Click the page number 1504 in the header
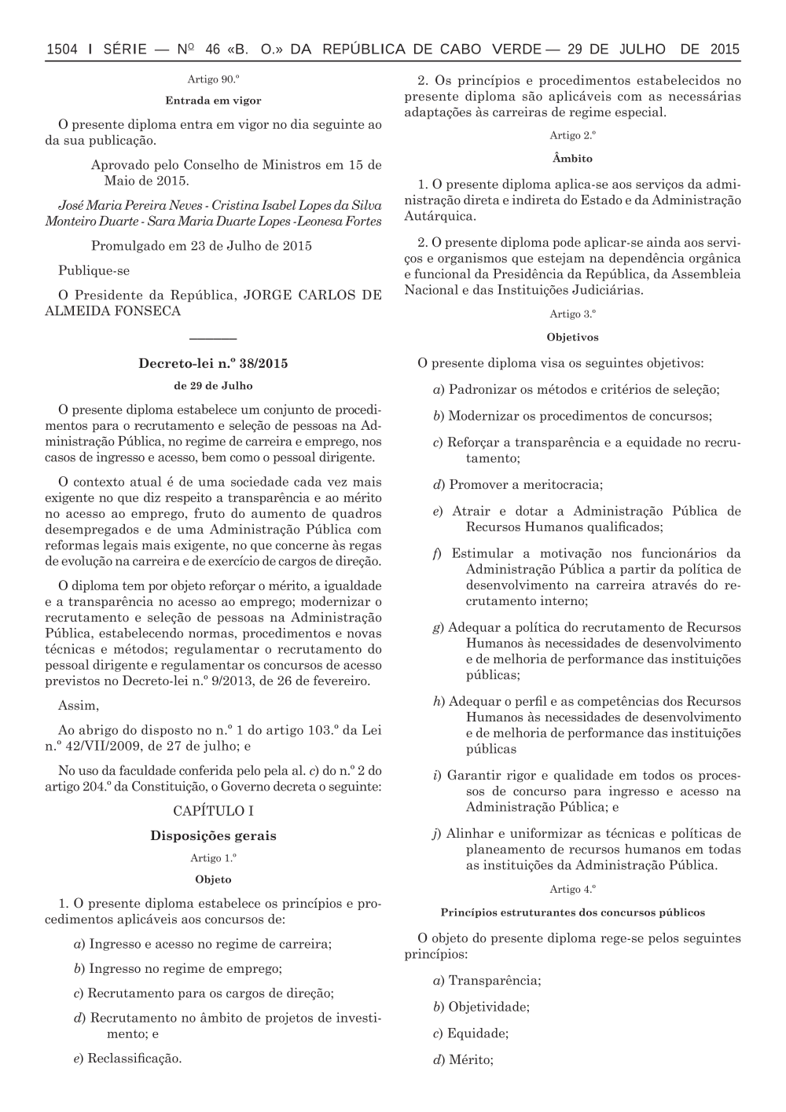[62, 50]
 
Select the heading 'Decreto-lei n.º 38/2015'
[213, 364]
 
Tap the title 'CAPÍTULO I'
[213, 810]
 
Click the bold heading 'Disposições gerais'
[213, 835]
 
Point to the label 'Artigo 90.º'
[213, 79]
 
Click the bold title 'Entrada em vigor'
[213, 101]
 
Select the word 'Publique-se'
[94, 270]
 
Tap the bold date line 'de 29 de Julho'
[213, 386]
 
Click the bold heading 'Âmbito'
[572, 159]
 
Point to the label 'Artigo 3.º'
[572, 314]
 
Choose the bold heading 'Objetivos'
[572, 337]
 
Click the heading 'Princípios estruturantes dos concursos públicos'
[572, 912]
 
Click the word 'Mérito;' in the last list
[471, 1060]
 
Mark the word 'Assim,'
[79, 705]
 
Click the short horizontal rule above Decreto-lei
[213, 339]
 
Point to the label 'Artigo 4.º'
[572, 890]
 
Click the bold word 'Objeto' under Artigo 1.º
[213, 879]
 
